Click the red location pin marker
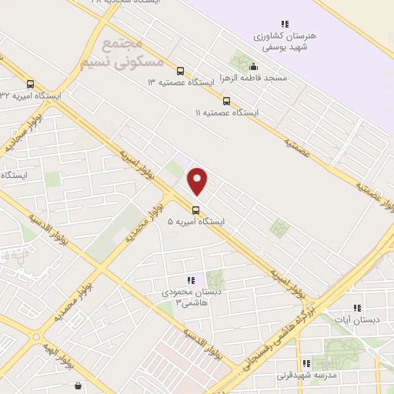click(x=198, y=181)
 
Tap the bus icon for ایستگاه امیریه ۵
click(x=195, y=209)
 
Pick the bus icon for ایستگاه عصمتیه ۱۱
click(x=226, y=101)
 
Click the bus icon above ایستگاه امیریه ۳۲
click(x=31, y=85)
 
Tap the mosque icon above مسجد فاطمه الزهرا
click(x=253, y=66)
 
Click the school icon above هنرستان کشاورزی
click(x=285, y=24)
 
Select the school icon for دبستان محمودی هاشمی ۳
click(x=191, y=281)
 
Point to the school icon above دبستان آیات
click(x=356, y=307)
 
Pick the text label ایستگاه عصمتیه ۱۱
click(x=227, y=113)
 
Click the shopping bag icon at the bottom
click(x=77, y=386)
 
